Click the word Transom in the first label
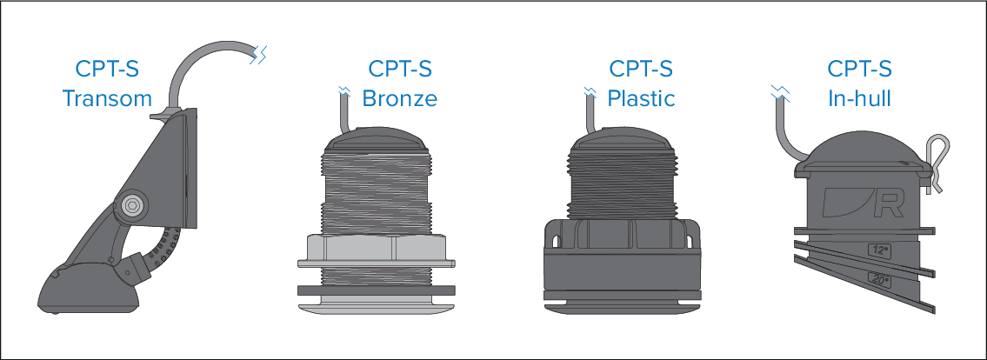[x=107, y=98]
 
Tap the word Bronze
[x=399, y=98]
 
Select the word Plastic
[x=641, y=98]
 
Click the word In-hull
[x=860, y=98]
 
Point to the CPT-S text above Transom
[x=109, y=69]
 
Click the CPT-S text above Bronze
[x=401, y=69]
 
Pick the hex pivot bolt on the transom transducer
[x=131, y=205]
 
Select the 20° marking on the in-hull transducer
[x=878, y=280]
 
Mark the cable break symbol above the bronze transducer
[x=344, y=90]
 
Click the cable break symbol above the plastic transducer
[x=589, y=90]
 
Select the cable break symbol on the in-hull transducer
[x=779, y=90]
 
